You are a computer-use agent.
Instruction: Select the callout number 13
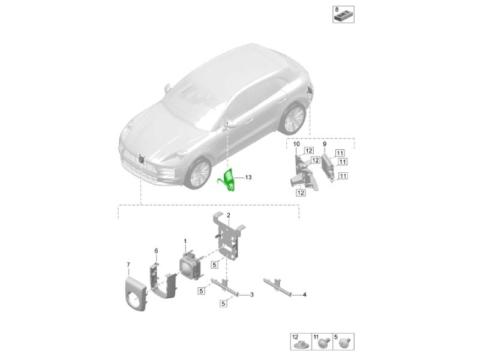[248, 177]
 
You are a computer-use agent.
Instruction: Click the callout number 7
[128, 265]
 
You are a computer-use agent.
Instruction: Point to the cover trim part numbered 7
[136, 294]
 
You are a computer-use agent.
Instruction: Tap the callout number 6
[156, 251]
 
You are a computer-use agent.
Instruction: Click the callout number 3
[251, 295]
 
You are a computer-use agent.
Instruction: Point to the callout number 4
[304, 295]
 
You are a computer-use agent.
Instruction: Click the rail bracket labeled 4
[277, 287]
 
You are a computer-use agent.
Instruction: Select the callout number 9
[325, 144]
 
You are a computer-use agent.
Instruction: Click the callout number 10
[296, 144]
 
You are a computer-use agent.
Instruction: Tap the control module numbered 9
[328, 167]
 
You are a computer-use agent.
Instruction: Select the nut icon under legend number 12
[301, 345]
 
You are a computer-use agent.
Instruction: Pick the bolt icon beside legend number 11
[323, 343]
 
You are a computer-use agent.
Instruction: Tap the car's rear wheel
[293, 118]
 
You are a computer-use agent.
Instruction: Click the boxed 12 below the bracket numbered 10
[301, 193]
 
